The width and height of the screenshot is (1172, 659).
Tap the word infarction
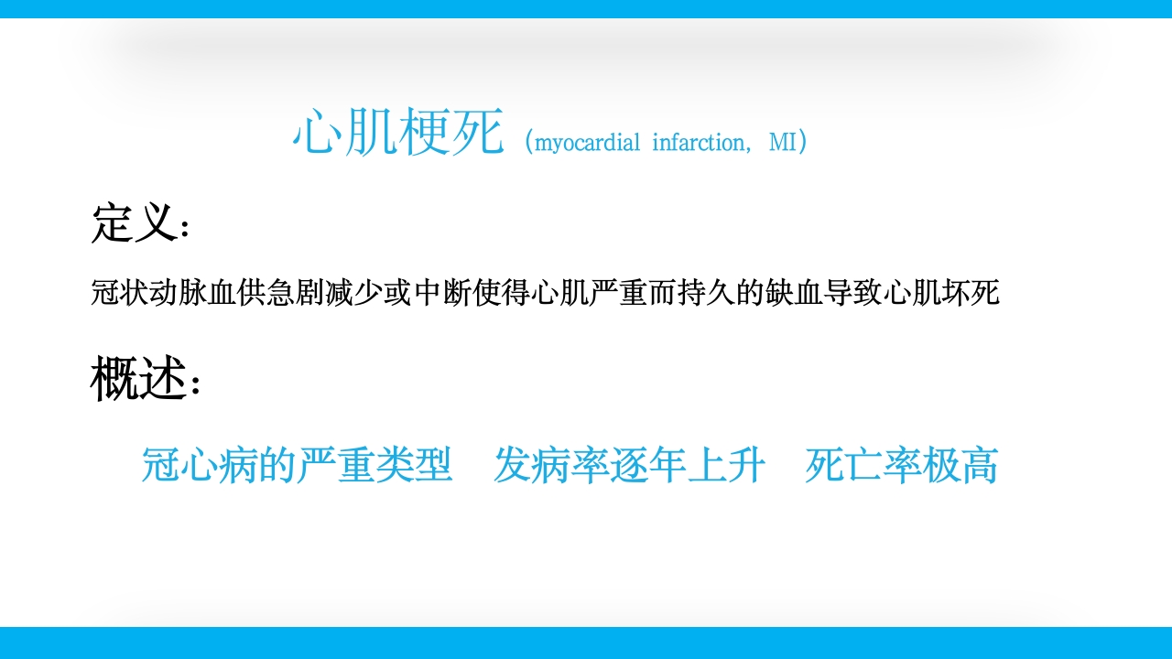point(700,143)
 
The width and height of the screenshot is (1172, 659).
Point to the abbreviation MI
point(782,143)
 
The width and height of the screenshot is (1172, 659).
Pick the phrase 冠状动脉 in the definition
point(150,293)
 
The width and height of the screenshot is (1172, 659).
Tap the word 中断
point(444,293)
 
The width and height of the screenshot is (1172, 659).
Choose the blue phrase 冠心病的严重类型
point(298,465)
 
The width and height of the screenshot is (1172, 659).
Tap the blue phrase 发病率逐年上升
point(630,465)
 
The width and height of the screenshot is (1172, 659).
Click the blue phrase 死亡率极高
point(901,465)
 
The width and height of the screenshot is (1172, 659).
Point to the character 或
point(400,293)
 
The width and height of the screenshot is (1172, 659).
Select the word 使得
point(503,293)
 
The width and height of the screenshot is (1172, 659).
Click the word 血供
point(238,293)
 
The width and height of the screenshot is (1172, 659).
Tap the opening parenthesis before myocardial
point(528,143)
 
